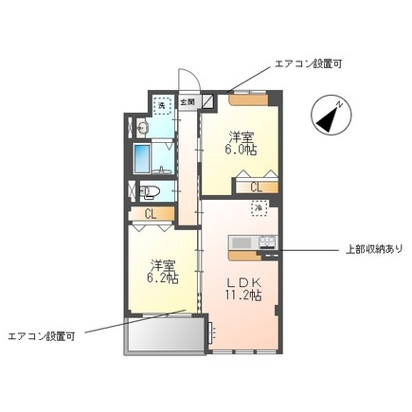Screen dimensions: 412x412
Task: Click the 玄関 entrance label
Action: pos(187,102)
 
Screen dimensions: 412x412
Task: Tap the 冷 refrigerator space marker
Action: pos(258,207)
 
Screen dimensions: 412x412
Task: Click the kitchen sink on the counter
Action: pos(242,242)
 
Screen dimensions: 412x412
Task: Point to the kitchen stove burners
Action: pos(267,242)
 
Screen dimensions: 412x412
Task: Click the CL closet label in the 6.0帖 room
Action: pos(257,187)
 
